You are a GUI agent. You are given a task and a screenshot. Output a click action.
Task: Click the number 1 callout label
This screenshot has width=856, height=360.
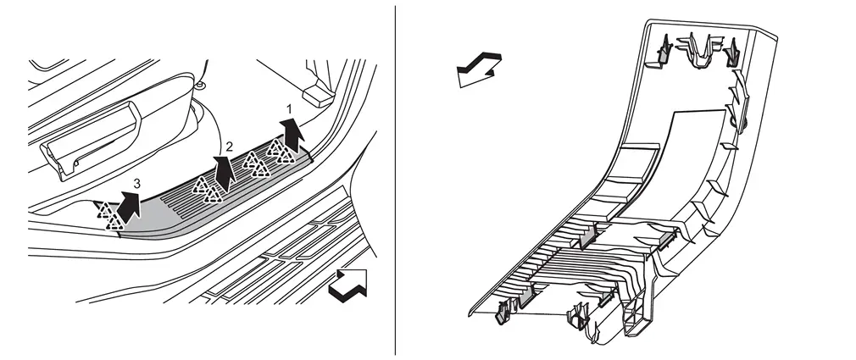(289, 109)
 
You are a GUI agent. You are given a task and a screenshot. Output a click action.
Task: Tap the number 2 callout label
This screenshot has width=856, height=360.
(230, 147)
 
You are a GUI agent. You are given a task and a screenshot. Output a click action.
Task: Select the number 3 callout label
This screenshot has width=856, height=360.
(136, 185)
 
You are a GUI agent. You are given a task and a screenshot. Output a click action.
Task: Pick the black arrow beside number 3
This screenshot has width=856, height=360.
(128, 208)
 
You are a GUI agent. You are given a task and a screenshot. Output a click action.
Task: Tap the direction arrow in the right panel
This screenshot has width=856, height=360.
(479, 68)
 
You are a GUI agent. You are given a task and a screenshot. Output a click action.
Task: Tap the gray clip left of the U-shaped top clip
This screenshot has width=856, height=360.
(662, 51)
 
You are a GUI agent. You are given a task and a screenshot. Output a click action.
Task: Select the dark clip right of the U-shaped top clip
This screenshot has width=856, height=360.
(731, 53)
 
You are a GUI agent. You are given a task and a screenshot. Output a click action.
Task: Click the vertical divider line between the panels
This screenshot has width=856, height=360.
(395, 180)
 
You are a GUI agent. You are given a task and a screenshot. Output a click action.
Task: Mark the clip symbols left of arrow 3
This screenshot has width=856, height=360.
(108, 215)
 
